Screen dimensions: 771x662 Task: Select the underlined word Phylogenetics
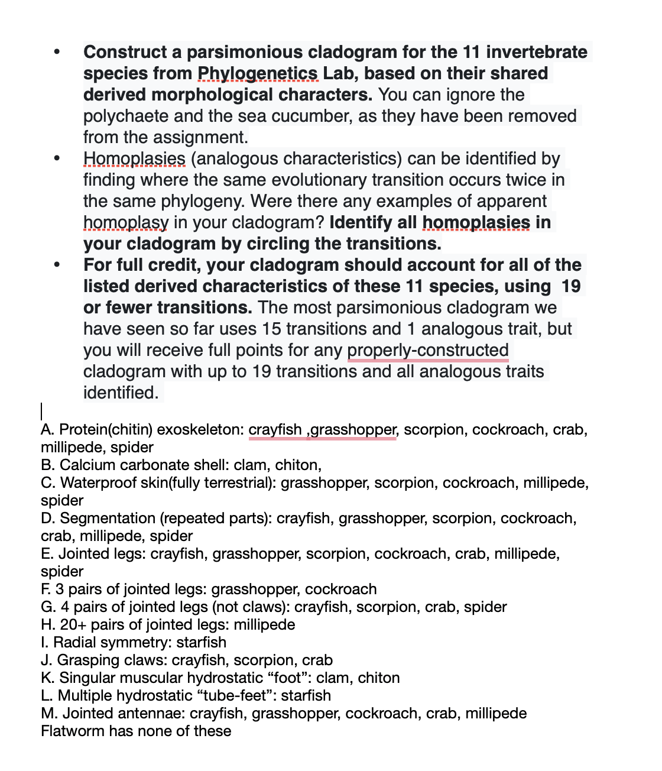pos(258,73)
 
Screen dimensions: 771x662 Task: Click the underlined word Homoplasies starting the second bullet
pos(134,158)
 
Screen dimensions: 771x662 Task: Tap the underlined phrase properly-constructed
pos(427,350)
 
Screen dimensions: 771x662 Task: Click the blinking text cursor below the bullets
pos(42,411)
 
